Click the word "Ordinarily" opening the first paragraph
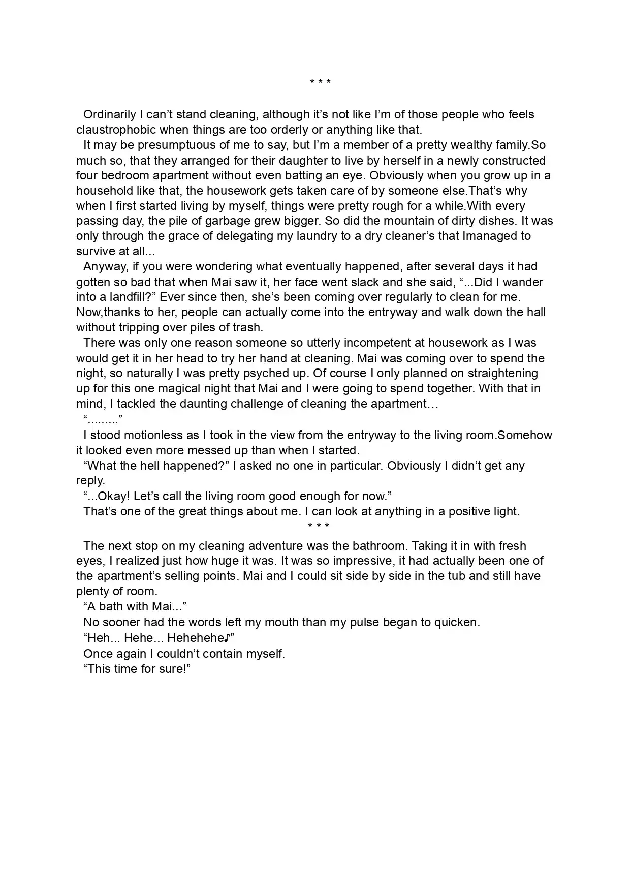pos(109,115)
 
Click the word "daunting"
pos(204,404)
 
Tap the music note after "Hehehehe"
pos(227,638)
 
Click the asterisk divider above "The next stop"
pos(319,526)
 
